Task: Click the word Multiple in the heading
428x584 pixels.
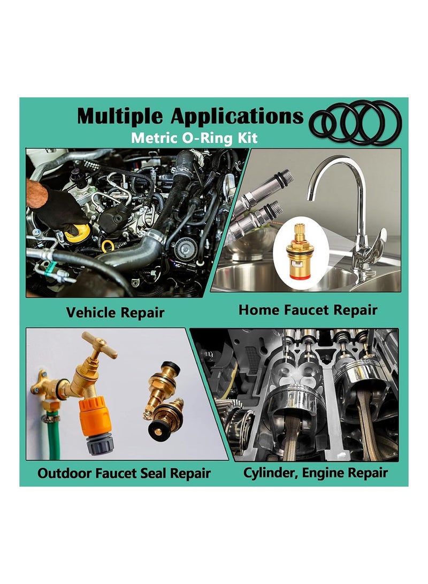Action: point(120,116)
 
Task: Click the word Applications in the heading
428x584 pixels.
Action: point(237,116)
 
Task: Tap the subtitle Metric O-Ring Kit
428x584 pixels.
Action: point(194,138)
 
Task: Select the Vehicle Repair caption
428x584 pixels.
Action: point(115,313)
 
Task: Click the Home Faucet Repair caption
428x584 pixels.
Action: point(308,310)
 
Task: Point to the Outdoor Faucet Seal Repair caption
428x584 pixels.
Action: point(124,473)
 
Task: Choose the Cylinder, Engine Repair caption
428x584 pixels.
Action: point(315,473)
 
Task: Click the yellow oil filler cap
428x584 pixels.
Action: point(78,232)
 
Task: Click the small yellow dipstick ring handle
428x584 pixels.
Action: point(108,246)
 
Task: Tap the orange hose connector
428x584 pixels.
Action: point(95,416)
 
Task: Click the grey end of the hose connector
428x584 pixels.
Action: point(100,443)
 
